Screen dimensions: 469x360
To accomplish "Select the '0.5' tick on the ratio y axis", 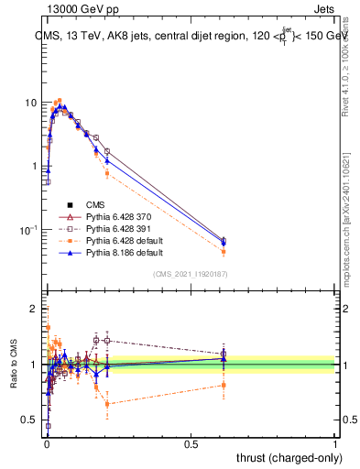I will tap(29, 420).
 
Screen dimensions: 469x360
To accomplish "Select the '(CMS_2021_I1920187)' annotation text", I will tap(190, 273).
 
